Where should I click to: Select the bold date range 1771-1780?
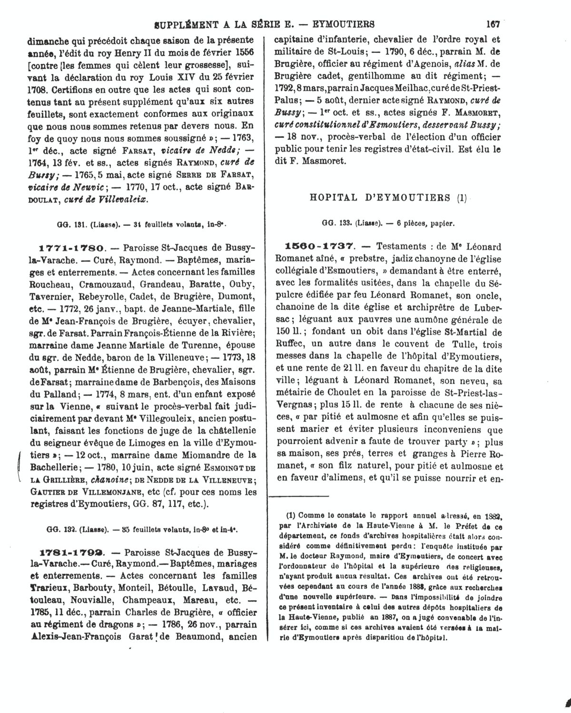[x=70, y=248]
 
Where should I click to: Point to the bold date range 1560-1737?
[x=319, y=246]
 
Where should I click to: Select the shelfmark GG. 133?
[x=336, y=222]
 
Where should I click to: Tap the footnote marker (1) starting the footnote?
[x=291, y=515]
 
